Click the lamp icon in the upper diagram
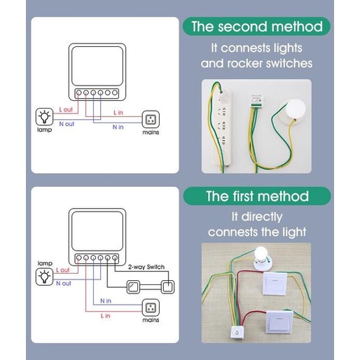(x=44, y=116)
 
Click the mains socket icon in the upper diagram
(x=151, y=119)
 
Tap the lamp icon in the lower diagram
(x=44, y=277)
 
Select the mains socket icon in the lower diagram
(x=151, y=307)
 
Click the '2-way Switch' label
(x=146, y=267)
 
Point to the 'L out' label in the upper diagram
(x=66, y=109)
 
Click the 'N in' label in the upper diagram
(x=118, y=127)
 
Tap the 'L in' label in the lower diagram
(x=105, y=316)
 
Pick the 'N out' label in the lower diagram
(x=64, y=284)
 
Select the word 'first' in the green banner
(x=243, y=196)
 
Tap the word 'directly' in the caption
(x=262, y=217)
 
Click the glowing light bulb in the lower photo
(x=261, y=254)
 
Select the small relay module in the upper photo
(x=256, y=102)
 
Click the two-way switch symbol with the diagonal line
(x=133, y=287)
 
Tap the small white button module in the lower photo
(x=237, y=332)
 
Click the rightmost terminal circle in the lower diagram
(x=115, y=258)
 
